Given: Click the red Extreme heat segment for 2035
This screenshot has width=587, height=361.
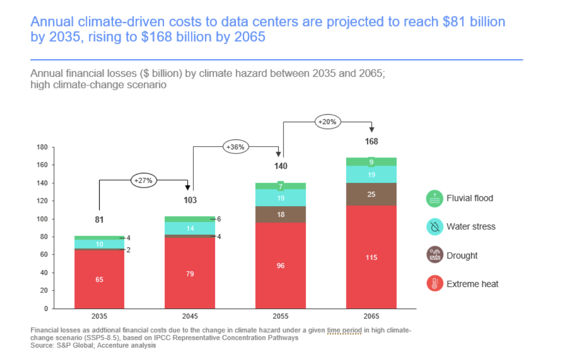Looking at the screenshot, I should coord(99,279).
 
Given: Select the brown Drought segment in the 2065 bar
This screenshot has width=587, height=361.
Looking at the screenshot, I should coord(371,194).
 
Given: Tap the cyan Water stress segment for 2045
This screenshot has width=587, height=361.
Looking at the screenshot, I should coord(190,228).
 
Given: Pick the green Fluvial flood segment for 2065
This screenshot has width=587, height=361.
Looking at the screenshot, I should coord(371,162).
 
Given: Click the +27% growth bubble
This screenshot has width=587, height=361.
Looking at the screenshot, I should coord(143,180).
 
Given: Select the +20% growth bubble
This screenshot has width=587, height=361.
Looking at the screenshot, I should coord(328,121).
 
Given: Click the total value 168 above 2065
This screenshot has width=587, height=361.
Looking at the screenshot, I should coord(371,141).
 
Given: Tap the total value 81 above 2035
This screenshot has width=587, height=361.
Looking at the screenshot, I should coord(99,220).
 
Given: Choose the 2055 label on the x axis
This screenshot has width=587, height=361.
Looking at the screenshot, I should coord(280,316).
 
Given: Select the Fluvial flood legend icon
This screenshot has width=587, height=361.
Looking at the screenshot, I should coord(435,198).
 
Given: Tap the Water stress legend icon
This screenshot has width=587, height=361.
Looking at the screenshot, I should coord(435,227).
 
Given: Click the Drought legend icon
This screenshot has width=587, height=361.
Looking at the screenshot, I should coord(435,255).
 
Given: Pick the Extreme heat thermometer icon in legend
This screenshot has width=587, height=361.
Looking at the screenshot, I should coord(435,284).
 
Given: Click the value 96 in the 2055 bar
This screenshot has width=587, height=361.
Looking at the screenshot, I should coord(280,266).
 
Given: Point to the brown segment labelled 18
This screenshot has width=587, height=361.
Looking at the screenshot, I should coord(280,215).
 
